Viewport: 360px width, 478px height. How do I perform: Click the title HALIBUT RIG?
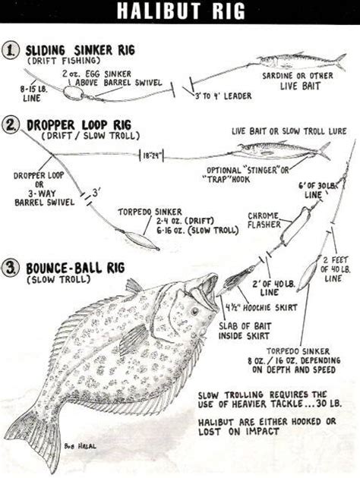coord(180,11)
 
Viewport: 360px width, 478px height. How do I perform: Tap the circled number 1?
coord(12,50)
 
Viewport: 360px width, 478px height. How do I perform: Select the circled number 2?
coord(12,124)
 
